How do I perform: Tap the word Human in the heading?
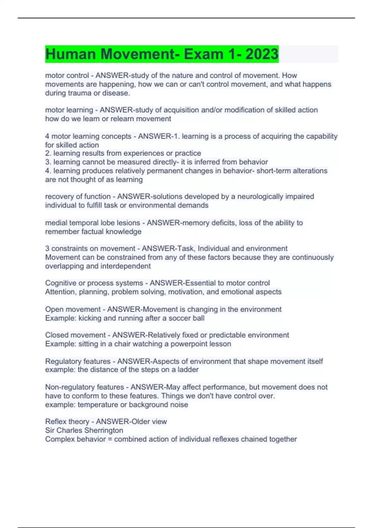coord(71,54)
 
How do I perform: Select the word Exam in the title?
coord(203,54)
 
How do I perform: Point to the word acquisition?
coord(181,110)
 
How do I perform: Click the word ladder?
coord(188,370)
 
